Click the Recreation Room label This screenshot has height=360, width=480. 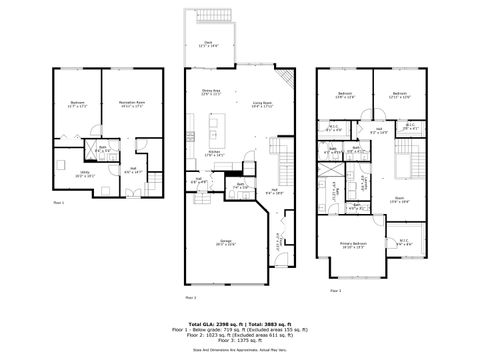pyautogui.click(x=127, y=104)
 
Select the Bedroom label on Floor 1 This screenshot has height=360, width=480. pyautogui.click(x=77, y=104)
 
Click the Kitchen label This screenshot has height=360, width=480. pyautogui.click(x=216, y=153)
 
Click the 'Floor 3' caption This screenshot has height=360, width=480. pyautogui.click(x=335, y=290)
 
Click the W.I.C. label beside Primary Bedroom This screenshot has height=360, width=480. pyautogui.click(x=403, y=241)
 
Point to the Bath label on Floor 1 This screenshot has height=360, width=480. pyautogui.click(x=102, y=150)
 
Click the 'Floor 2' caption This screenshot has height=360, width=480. pyautogui.click(x=190, y=298)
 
